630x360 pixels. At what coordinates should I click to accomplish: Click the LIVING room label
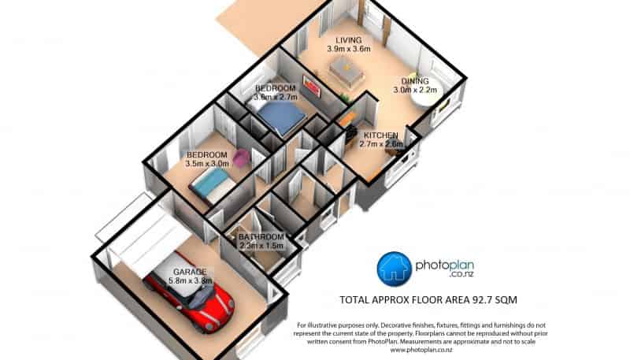click(349, 40)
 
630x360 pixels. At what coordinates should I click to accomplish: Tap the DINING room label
click(415, 81)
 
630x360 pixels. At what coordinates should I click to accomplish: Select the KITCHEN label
click(381, 135)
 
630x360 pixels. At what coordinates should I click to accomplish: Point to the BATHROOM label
click(261, 236)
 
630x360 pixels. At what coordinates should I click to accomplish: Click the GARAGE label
click(190, 272)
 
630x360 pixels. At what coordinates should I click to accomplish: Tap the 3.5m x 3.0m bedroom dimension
click(207, 164)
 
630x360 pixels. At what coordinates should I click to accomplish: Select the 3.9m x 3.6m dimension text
click(349, 49)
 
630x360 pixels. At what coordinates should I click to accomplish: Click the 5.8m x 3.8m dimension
click(191, 281)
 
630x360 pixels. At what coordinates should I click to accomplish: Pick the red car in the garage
click(189, 292)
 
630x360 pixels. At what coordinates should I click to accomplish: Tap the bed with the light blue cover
click(212, 185)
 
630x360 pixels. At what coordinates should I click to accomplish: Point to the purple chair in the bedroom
click(241, 158)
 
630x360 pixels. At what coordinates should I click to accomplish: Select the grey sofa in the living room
click(346, 71)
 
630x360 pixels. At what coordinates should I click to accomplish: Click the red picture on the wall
click(312, 86)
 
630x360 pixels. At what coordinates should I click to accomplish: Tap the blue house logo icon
click(395, 269)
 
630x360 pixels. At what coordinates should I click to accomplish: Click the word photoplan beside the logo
click(444, 265)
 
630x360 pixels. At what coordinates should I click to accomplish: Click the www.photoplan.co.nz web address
click(421, 350)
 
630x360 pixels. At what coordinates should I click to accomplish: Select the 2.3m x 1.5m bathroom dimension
click(261, 246)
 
